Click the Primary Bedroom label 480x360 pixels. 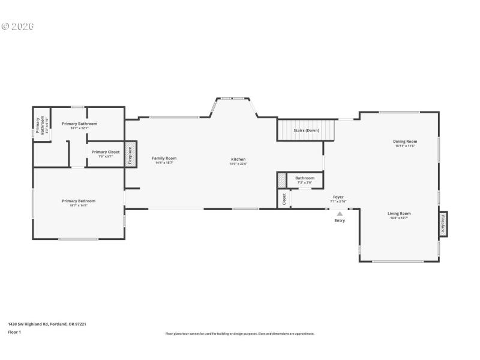tap(79, 201)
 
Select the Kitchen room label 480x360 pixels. tap(238, 160)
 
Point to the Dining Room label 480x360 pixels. tap(406, 142)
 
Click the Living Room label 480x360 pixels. tap(399, 214)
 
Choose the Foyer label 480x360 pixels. tap(338, 197)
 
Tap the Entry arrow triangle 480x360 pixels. tap(340, 213)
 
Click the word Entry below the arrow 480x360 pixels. tap(340, 221)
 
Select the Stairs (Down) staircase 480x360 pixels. tap(306, 130)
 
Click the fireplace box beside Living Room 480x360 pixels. tap(443, 223)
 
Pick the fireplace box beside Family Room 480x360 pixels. tap(130, 154)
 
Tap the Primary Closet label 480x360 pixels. tap(106, 152)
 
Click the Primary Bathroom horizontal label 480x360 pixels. tap(79, 124)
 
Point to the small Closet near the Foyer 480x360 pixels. tap(284, 199)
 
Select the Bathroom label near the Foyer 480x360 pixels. tap(305, 178)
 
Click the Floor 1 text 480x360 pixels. tap(14, 332)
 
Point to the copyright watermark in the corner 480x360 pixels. tap(17, 26)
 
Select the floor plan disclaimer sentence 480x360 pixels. tap(240, 334)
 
